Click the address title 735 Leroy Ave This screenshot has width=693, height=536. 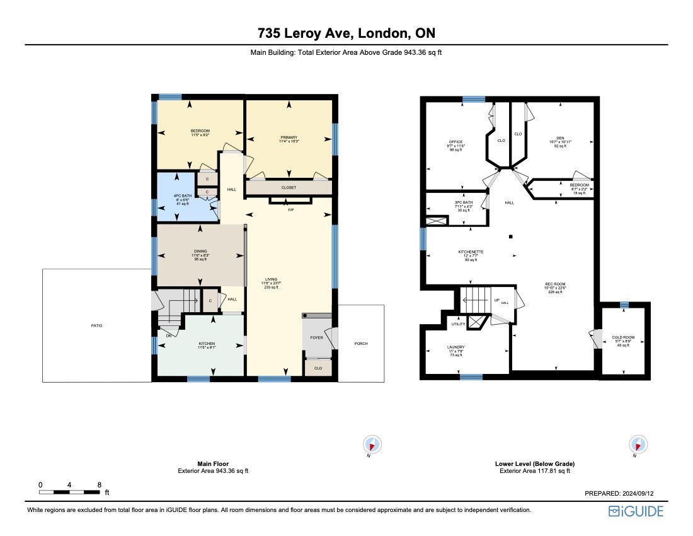pyautogui.click(x=346, y=33)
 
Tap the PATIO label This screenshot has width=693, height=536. pyautogui.click(x=96, y=325)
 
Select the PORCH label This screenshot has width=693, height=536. pyautogui.click(x=361, y=344)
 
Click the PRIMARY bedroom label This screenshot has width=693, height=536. pyautogui.click(x=289, y=137)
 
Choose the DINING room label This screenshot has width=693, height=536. pyautogui.click(x=200, y=251)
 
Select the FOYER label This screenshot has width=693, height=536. pyautogui.click(x=316, y=337)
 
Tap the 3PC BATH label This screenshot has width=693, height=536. pyautogui.click(x=462, y=202)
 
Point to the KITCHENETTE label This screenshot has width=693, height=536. pyautogui.click(x=471, y=252)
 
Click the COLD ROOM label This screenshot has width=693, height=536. pyautogui.click(x=623, y=337)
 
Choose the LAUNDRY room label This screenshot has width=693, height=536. pyautogui.click(x=455, y=347)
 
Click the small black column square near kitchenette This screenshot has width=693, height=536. pyautogui.click(x=511, y=236)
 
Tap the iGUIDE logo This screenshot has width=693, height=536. pyautogui.click(x=636, y=511)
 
